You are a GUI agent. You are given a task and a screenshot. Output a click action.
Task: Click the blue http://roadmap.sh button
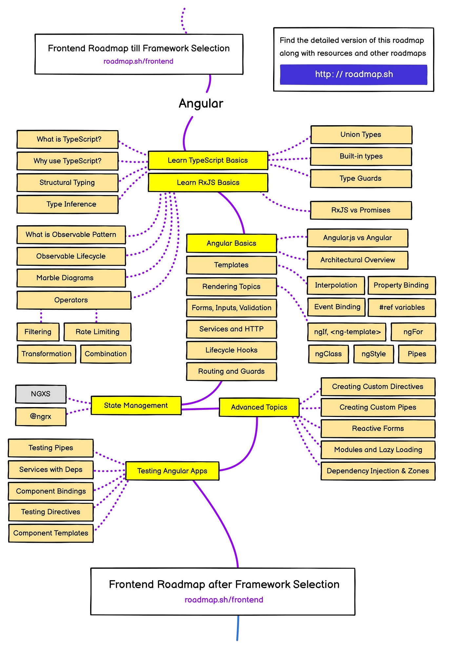tap(353, 74)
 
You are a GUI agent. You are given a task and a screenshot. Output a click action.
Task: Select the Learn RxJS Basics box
tap(208, 183)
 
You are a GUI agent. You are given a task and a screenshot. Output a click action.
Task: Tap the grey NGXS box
tap(41, 394)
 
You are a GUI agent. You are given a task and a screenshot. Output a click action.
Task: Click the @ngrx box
tap(41, 417)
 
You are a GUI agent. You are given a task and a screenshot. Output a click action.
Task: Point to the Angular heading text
tap(201, 104)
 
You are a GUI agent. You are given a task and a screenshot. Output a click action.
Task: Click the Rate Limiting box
tap(97, 332)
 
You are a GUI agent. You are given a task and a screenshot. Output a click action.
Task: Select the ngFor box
tap(413, 332)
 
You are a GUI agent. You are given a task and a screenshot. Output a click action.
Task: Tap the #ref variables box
tap(402, 307)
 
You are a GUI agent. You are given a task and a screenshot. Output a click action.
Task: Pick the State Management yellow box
tap(136, 405)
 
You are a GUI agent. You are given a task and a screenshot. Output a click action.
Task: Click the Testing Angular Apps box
tap(172, 471)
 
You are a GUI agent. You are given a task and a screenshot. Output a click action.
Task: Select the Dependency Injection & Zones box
tap(378, 471)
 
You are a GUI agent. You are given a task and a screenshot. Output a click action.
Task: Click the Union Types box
tap(361, 135)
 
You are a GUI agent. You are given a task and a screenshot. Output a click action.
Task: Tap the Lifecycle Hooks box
tap(231, 350)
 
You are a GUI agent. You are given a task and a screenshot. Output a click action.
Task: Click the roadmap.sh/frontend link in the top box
tap(138, 61)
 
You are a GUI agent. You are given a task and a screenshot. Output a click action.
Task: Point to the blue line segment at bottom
tap(238, 628)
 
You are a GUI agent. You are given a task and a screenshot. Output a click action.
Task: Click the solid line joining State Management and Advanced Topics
tap(200, 409)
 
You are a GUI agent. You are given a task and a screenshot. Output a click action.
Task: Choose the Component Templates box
tap(51, 533)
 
